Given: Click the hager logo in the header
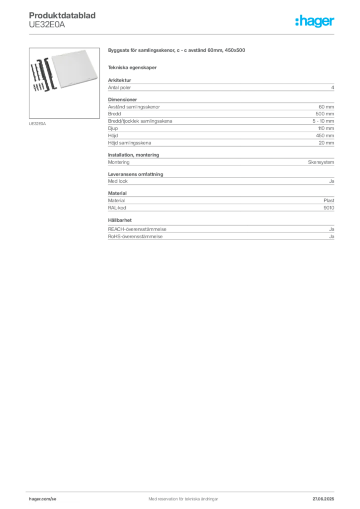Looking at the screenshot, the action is pyautogui.click(x=314, y=21).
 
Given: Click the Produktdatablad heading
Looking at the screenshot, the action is pyautogui.click(x=62, y=15).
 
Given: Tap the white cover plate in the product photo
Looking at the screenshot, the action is pyautogui.click(x=75, y=69).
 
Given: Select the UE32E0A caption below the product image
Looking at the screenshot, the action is pyautogui.click(x=37, y=124).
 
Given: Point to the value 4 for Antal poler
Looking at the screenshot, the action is pyautogui.click(x=333, y=87).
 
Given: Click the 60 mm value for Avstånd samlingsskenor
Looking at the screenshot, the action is pyautogui.click(x=326, y=107).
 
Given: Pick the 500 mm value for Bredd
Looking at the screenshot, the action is pyautogui.click(x=325, y=114).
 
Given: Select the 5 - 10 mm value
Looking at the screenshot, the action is pyautogui.click(x=323, y=121).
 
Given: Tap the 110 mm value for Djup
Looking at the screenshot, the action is pyautogui.click(x=326, y=128).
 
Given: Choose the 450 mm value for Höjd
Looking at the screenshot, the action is pyautogui.click(x=325, y=136).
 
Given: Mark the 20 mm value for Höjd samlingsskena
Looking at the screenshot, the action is pyautogui.click(x=326, y=143).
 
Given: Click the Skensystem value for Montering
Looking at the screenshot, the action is pyautogui.click(x=321, y=163).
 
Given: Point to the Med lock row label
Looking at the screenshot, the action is pyautogui.click(x=118, y=181).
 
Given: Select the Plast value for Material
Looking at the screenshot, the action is pyautogui.click(x=329, y=201).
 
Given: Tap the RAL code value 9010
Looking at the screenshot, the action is pyautogui.click(x=329, y=208).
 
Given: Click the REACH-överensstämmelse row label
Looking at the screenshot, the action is pyautogui.click(x=137, y=229).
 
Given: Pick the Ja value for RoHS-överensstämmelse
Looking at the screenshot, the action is pyautogui.click(x=332, y=237).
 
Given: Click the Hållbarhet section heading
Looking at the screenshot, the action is pyautogui.click(x=120, y=220).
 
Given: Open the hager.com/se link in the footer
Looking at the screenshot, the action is pyautogui.click(x=43, y=499).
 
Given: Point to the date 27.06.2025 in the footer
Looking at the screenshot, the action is pyautogui.click(x=323, y=499).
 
